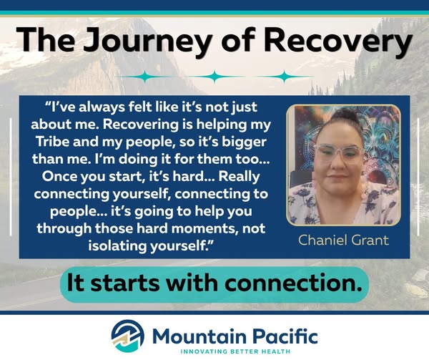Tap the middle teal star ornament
pos(214,77)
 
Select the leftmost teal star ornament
pos(145,77)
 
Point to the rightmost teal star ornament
pos(285,77)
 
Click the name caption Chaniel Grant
pos(343,240)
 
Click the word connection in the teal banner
pos(292,283)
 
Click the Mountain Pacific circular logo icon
pos(128,336)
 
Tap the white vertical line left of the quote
pos(11,177)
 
